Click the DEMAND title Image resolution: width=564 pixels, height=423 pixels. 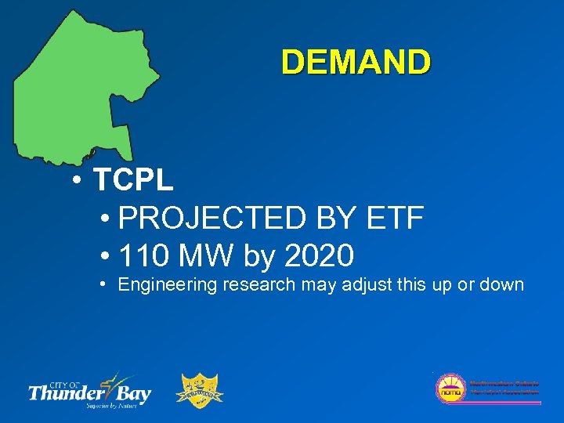[356, 62]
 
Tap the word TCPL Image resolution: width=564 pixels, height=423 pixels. [133, 181]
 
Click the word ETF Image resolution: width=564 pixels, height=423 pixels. [394, 218]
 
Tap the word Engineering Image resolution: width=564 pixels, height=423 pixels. [167, 285]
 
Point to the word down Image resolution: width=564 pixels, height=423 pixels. [501, 285]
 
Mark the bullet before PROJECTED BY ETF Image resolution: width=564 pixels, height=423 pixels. [105, 218]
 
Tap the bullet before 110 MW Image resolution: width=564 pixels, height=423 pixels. [105, 255]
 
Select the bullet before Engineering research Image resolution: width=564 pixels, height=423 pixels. [104, 284]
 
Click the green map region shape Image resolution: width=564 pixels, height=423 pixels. [78, 86]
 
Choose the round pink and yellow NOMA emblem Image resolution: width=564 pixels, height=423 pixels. [450, 389]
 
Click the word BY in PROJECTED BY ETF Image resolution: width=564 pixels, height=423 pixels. [337, 218]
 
